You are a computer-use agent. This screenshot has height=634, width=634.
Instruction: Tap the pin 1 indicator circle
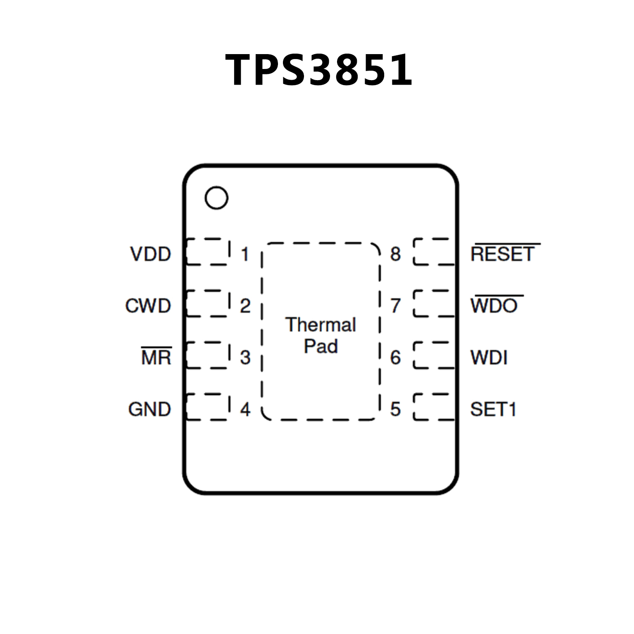click(216, 198)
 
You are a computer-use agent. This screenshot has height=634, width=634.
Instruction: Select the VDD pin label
click(151, 254)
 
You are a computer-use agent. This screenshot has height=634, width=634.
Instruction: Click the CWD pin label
click(148, 306)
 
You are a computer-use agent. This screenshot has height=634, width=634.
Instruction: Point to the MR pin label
click(157, 357)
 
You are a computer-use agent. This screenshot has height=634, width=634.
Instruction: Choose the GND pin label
click(150, 409)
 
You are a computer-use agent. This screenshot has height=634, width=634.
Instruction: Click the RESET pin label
click(503, 254)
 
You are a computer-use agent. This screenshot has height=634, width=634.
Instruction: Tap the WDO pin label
click(494, 306)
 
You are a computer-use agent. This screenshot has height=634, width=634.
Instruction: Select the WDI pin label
click(489, 358)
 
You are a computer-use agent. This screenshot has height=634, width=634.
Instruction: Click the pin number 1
click(245, 254)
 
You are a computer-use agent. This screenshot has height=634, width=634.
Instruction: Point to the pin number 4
click(245, 409)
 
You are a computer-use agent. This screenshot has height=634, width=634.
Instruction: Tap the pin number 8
click(395, 254)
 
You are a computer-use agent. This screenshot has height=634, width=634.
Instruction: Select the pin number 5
click(395, 409)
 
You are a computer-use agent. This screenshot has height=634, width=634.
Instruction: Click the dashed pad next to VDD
click(208, 252)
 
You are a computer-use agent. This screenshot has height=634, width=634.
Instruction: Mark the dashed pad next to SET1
click(434, 407)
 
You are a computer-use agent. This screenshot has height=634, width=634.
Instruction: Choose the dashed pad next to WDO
click(434, 303)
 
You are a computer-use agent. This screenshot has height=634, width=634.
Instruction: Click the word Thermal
click(321, 325)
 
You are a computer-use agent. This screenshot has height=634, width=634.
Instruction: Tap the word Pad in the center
click(321, 346)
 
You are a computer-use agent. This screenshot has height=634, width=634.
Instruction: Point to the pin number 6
click(395, 357)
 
